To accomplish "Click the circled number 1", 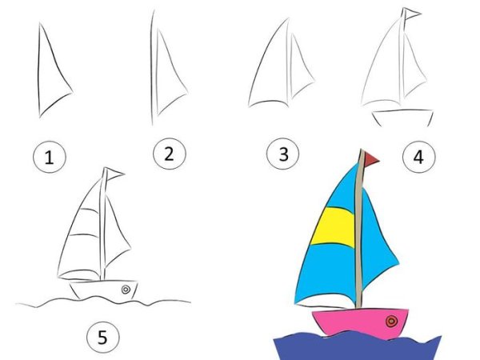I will [50, 158].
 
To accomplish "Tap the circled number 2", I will [168, 154].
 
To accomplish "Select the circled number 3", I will [282, 154].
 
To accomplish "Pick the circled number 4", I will [418, 157].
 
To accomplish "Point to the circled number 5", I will [102, 338].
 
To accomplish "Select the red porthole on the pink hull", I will [391, 322].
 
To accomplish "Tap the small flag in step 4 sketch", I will [411, 14].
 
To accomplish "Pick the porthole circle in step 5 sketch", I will [126, 289].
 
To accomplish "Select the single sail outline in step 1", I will [50, 72].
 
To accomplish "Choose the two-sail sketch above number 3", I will [280, 68].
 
